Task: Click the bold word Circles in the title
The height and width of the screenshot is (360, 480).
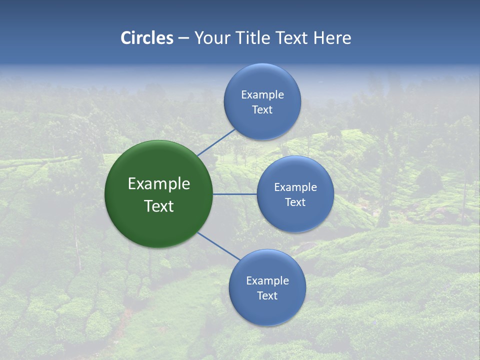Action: [x=147, y=38]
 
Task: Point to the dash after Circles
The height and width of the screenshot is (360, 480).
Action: [x=183, y=38]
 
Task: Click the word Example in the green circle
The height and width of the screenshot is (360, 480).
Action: [x=159, y=183]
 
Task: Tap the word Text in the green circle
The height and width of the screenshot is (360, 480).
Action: [x=159, y=206]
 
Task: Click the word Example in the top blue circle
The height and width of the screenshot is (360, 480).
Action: [x=262, y=94]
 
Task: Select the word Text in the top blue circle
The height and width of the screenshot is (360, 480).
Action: [x=262, y=109]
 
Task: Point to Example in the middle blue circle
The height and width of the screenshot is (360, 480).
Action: [x=295, y=187]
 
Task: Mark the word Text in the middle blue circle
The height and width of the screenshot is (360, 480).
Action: [x=295, y=202]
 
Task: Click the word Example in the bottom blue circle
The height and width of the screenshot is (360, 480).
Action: [x=267, y=280]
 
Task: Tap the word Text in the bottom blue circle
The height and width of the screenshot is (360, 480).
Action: [x=267, y=295]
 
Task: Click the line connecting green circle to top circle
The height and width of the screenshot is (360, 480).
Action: [x=216, y=142]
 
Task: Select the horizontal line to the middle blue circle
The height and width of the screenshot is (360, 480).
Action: [x=235, y=194]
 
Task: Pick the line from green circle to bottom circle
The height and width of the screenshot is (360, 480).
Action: [x=219, y=246]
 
